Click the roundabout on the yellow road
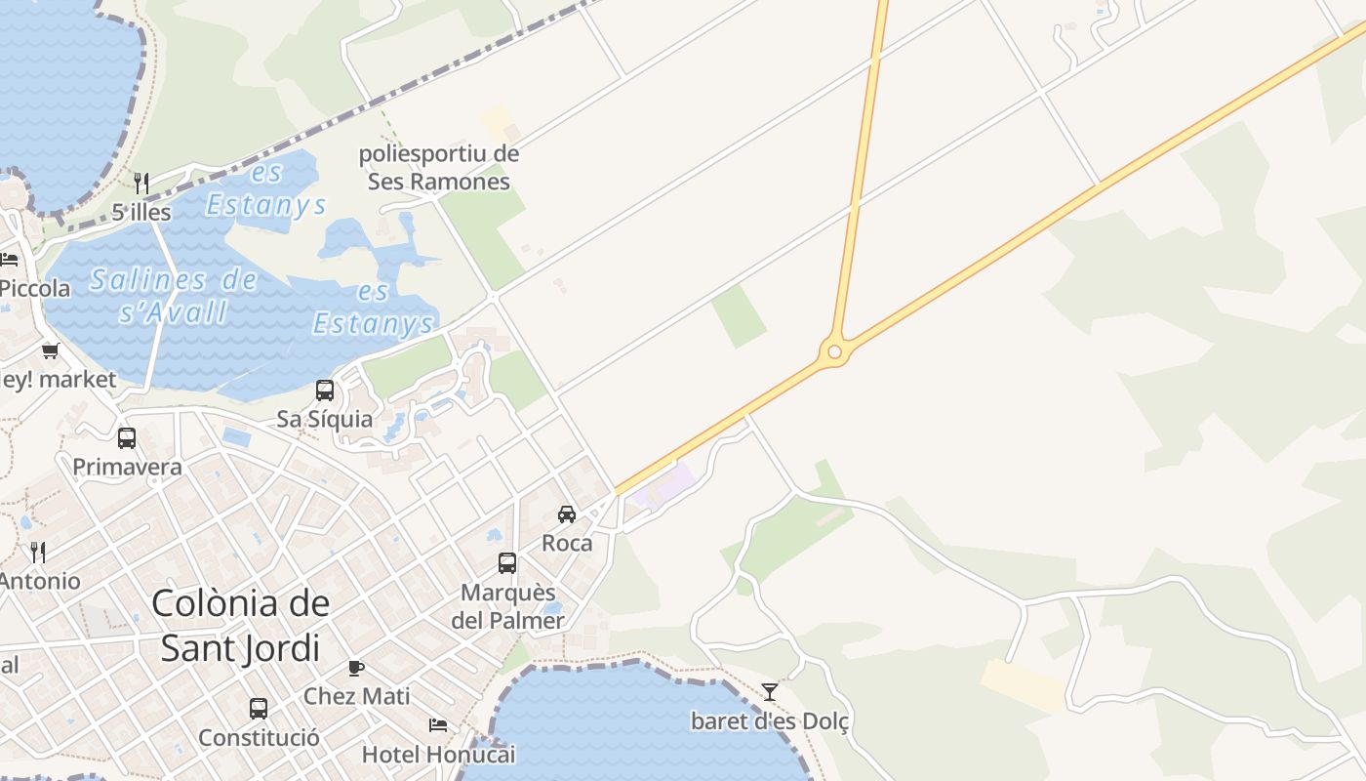click(x=832, y=351)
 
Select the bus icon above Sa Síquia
click(x=325, y=390)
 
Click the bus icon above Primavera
click(x=127, y=438)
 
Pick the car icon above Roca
click(x=567, y=514)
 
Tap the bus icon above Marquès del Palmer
click(x=507, y=562)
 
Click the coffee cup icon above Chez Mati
click(x=356, y=668)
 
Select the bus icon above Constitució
click(x=259, y=709)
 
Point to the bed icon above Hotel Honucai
click(x=438, y=725)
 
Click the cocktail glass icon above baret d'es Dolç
click(x=770, y=692)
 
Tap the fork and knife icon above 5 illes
click(x=141, y=184)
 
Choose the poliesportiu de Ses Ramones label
click(x=439, y=167)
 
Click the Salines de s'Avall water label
click(x=174, y=296)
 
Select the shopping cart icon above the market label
click(x=50, y=350)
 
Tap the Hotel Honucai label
click(x=438, y=755)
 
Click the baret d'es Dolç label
click(x=770, y=722)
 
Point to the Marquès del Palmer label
click(x=507, y=606)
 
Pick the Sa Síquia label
click(x=325, y=420)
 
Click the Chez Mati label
click(x=356, y=697)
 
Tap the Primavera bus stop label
click(x=127, y=467)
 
